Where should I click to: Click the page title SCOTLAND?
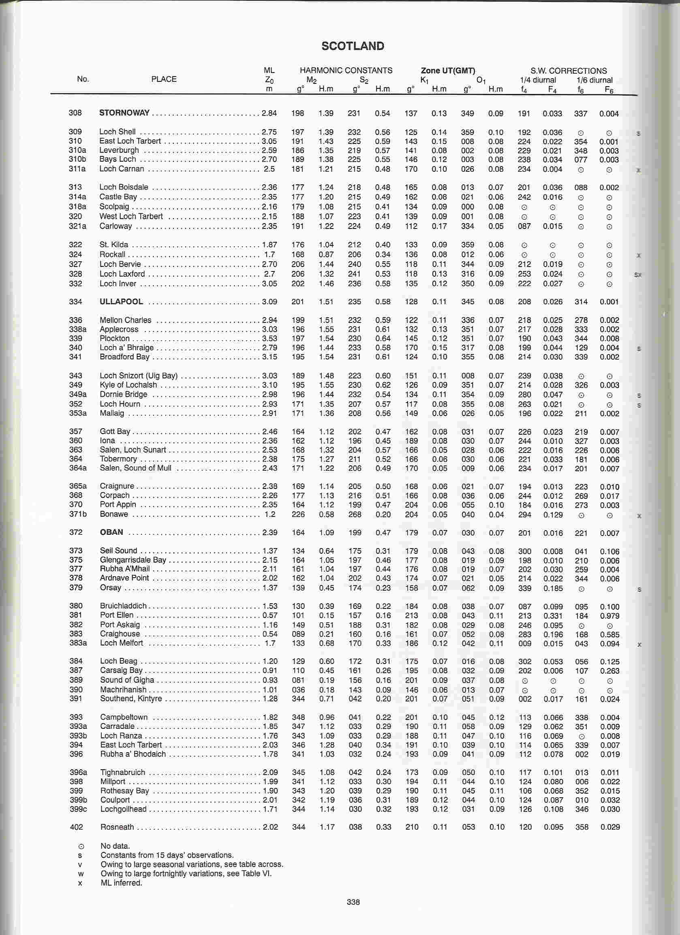tap(353, 46)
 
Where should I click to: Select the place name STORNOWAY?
tap(124, 113)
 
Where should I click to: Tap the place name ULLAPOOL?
tap(121, 301)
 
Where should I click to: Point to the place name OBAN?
tap(111, 532)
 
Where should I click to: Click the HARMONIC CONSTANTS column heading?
tap(346, 70)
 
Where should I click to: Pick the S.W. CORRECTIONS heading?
tap(569, 71)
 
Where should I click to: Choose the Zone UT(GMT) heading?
tap(448, 70)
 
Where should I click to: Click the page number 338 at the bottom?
tap(353, 902)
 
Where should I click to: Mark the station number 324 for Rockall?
tap(75, 254)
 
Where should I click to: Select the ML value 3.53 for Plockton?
tap(270, 338)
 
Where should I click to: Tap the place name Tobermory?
tap(118, 459)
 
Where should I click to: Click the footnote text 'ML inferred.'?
tap(121, 883)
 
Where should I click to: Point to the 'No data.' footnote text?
tap(115, 846)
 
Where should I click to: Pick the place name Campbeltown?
tap(124, 717)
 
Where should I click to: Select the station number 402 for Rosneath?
tap(76, 827)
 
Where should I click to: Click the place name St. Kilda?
tap(114, 244)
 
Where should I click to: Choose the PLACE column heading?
tap(164, 79)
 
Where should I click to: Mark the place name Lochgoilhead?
tap(123, 809)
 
